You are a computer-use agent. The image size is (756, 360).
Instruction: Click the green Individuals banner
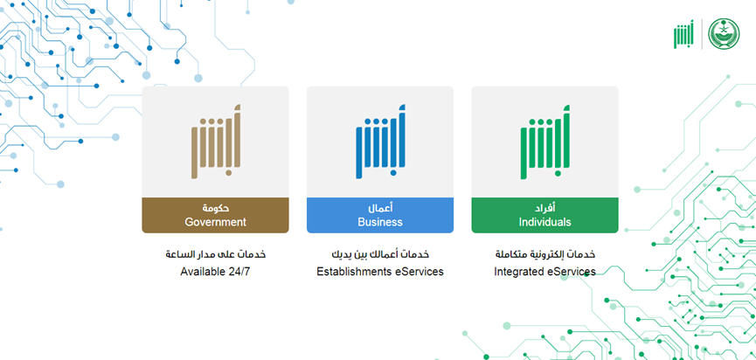(x=544, y=216)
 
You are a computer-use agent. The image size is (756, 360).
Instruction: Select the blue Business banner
(x=380, y=216)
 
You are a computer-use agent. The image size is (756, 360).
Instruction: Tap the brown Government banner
(x=215, y=216)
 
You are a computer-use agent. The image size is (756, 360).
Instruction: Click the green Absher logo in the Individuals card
(x=544, y=142)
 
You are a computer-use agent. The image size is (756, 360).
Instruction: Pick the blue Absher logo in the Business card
(x=380, y=142)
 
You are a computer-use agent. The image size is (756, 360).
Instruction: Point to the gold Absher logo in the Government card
(x=216, y=142)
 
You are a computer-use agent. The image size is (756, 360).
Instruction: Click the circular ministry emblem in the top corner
(x=723, y=34)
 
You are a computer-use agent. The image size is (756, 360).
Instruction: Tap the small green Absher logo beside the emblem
(x=683, y=34)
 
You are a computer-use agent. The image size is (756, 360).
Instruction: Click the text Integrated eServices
(x=544, y=272)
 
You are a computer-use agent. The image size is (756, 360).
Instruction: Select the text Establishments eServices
(x=380, y=272)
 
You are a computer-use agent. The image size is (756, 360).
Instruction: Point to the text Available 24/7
(x=216, y=272)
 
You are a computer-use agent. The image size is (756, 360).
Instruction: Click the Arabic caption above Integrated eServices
(x=544, y=254)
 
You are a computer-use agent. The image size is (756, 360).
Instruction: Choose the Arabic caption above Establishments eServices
(x=380, y=254)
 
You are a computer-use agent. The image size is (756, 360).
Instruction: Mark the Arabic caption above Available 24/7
(x=216, y=254)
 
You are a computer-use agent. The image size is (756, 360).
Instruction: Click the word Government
(x=216, y=222)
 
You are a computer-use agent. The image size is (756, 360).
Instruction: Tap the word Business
(x=380, y=222)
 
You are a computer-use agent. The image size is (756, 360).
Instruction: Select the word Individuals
(x=544, y=222)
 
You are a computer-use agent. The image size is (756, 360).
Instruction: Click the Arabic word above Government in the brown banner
(x=216, y=208)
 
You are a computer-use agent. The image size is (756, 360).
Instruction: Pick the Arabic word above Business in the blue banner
(x=380, y=208)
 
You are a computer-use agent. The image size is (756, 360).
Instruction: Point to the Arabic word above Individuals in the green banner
(x=545, y=208)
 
